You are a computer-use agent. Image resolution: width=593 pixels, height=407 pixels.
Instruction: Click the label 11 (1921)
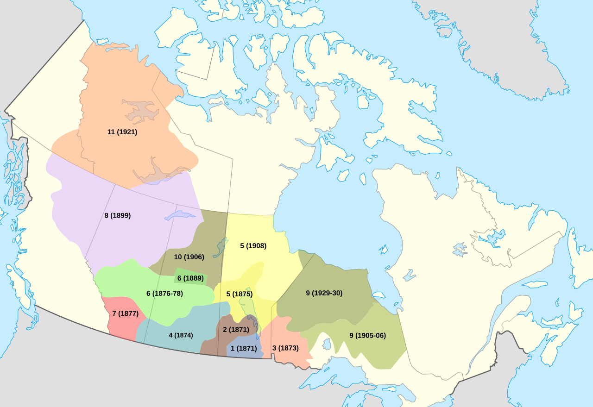coord(122,132)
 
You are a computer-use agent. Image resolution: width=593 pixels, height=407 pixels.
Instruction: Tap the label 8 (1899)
coord(117,215)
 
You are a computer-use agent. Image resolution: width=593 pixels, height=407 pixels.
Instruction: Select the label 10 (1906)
coord(189,257)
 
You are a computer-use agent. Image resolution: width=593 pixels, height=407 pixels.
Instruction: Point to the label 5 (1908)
coord(253,246)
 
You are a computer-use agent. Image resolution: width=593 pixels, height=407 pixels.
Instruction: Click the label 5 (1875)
coord(239,294)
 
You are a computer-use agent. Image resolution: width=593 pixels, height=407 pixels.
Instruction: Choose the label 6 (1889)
coord(190,278)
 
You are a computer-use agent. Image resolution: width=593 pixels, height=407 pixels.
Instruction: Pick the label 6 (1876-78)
coord(164,294)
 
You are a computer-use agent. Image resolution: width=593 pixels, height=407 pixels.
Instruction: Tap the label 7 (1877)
coord(125,313)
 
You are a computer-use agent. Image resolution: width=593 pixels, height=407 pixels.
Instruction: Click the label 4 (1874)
coord(181,335)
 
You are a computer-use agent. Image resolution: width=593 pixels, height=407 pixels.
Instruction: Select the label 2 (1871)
coord(236,330)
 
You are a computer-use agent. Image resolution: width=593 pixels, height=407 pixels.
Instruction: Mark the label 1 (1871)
coord(244,349)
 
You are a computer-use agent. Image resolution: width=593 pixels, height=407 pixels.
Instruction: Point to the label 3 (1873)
coord(285,348)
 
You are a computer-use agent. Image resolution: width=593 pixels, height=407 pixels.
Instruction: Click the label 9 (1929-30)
coord(324,293)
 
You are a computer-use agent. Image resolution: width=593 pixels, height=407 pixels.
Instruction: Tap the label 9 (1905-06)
coord(367,336)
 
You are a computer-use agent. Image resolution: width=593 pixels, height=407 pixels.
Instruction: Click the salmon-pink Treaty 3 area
coord(283,333)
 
